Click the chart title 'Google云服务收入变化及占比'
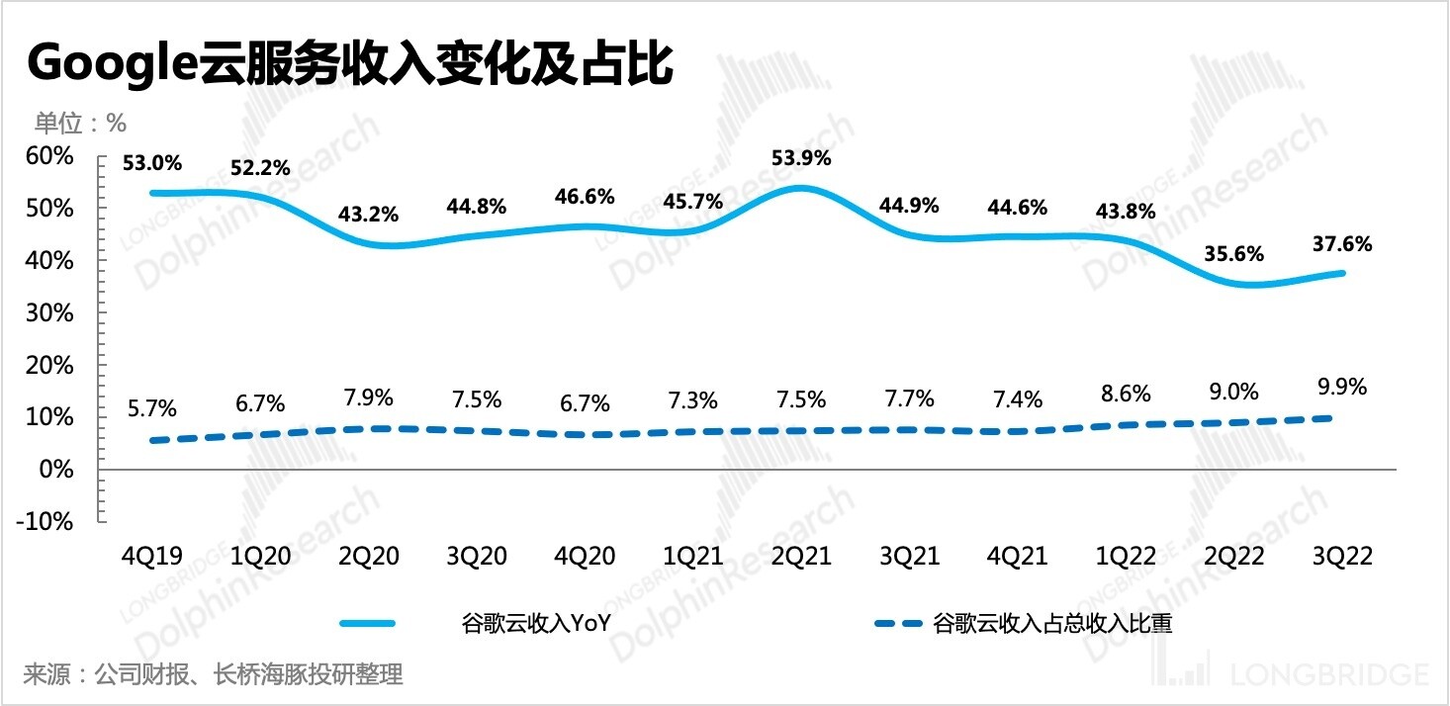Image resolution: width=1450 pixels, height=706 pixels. point(351,66)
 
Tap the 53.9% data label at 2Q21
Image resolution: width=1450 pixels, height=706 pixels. point(801,158)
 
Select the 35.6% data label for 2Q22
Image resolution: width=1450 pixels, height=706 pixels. point(1234,253)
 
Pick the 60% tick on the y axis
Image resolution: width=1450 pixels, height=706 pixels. point(48,156)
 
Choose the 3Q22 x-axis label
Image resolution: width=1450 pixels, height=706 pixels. point(1341,557)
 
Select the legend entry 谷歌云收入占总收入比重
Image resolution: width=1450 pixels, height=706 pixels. point(1052,623)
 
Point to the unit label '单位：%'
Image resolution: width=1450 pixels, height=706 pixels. point(81,123)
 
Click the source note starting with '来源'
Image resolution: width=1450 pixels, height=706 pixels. point(214,675)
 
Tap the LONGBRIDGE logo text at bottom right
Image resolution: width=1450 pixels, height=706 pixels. point(1329,674)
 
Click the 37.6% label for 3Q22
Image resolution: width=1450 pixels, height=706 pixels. point(1341,244)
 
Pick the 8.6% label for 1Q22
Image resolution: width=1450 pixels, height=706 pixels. point(1126,394)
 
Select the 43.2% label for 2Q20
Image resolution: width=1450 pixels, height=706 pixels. point(369,214)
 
